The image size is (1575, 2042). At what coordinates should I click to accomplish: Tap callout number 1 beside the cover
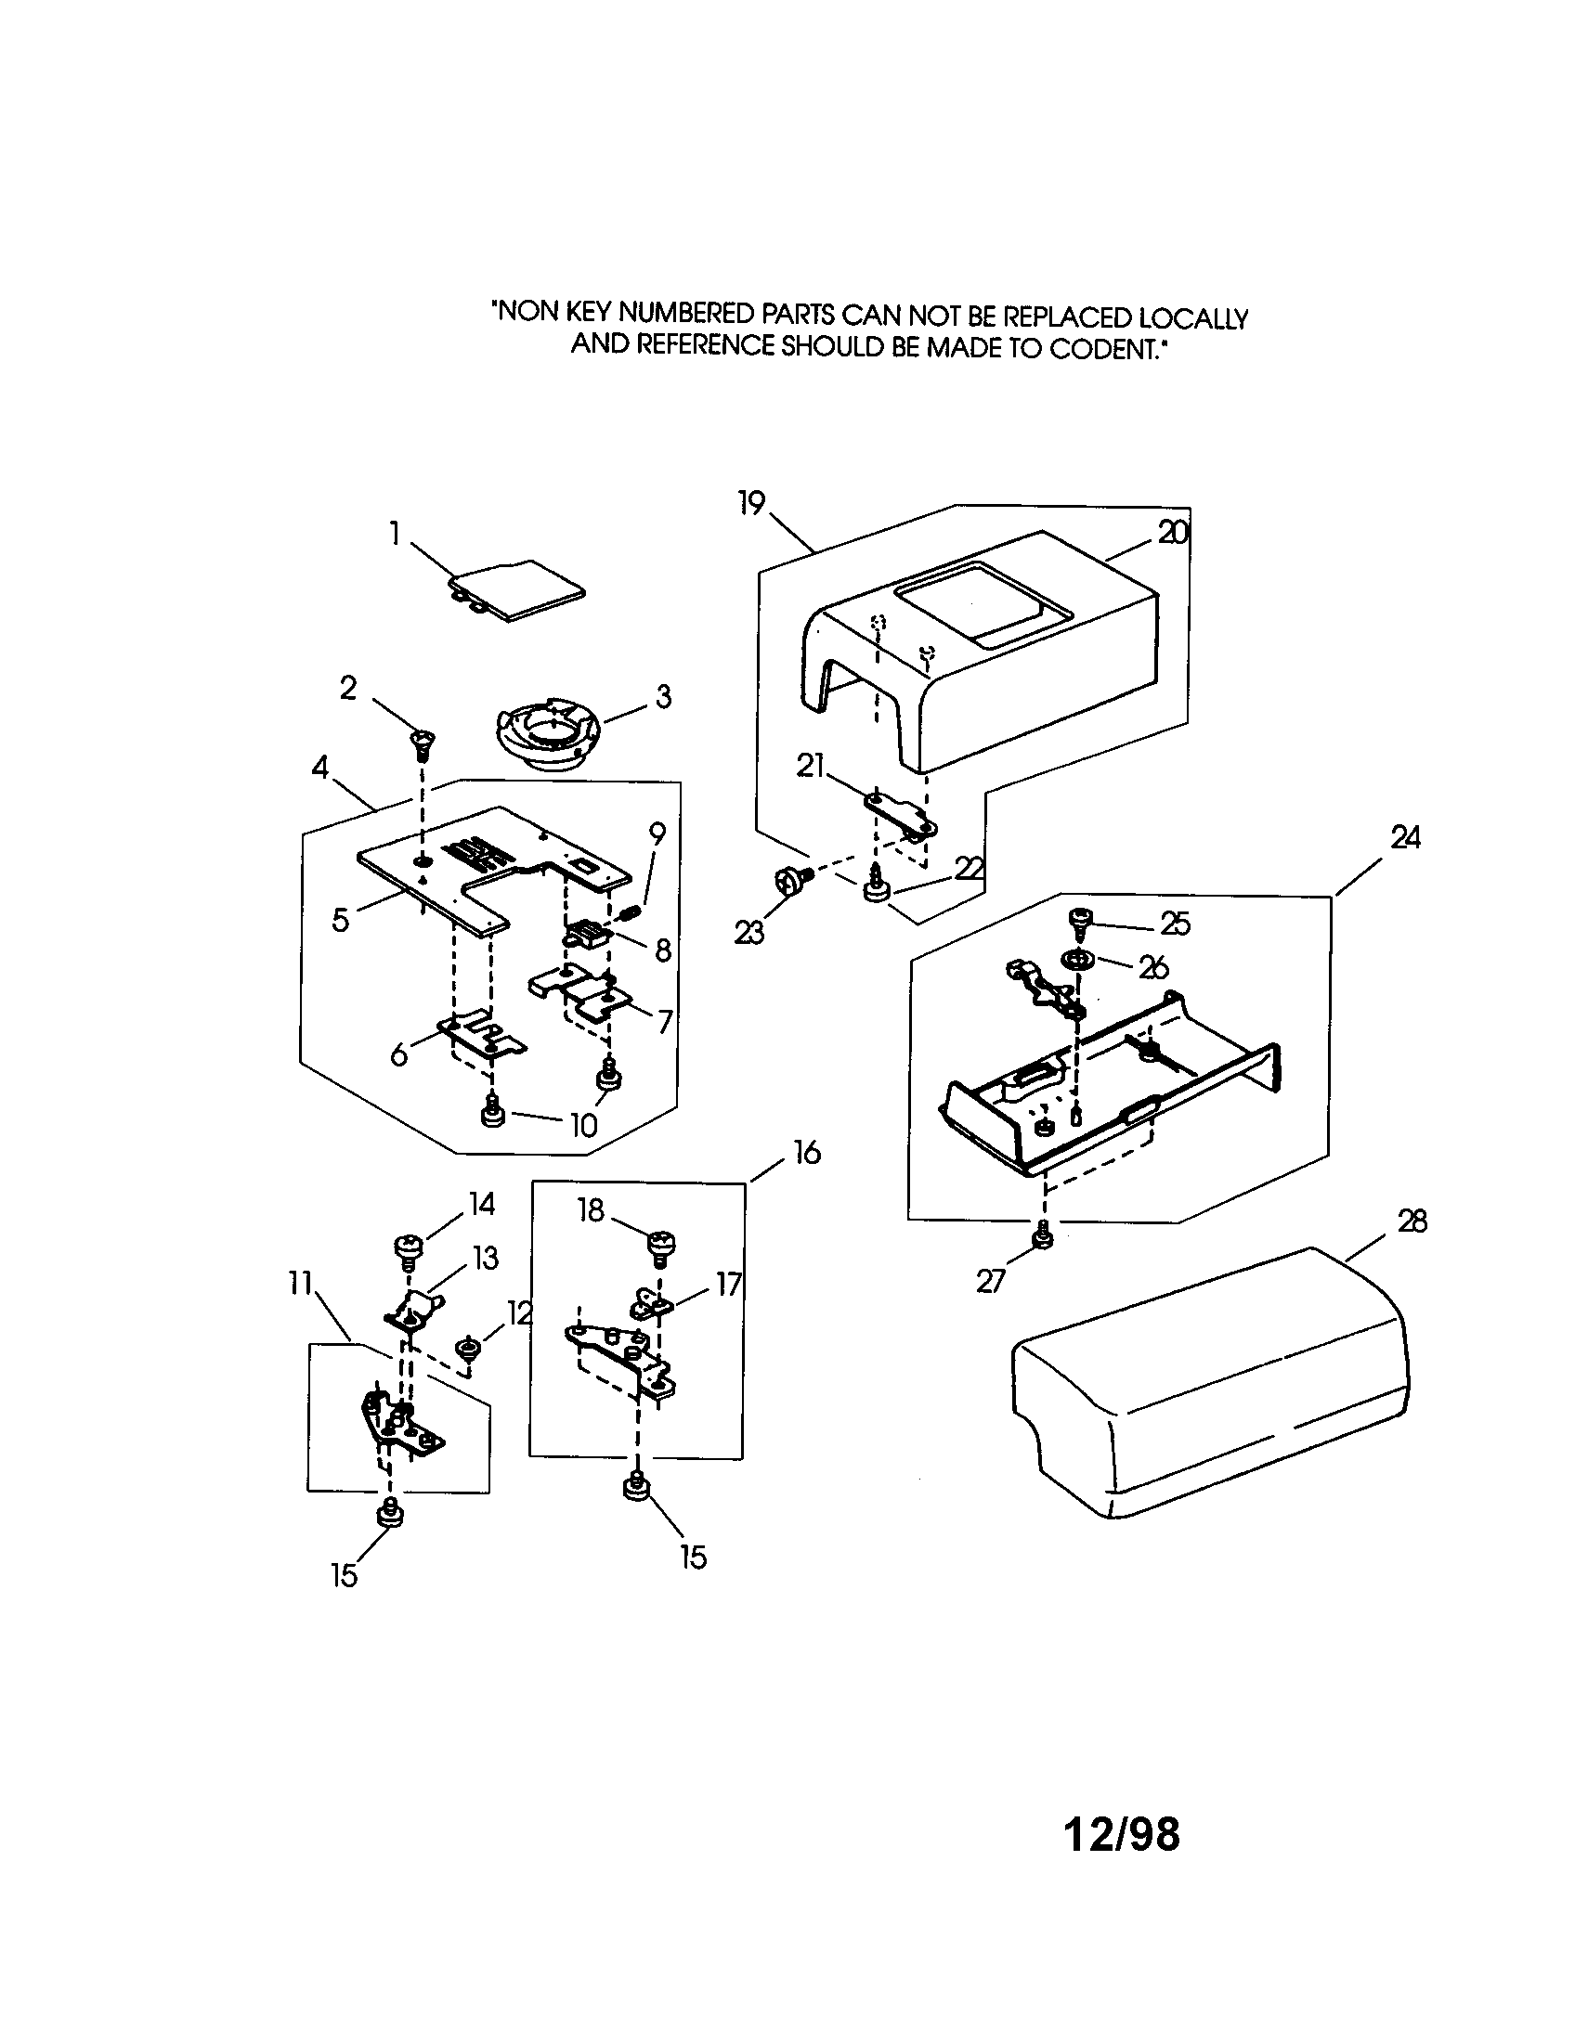pyautogui.click(x=395, y=534)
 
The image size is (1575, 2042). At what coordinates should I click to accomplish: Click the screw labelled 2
pyautogui.click(x=420, y=743)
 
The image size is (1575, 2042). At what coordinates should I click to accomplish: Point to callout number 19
pyautogui.click(x=751, y=502)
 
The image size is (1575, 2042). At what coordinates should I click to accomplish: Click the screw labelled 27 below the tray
pyautogui.click(x=1043, y=1237)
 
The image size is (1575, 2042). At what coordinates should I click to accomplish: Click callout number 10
pyautogui.click(x=583, y=1125)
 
